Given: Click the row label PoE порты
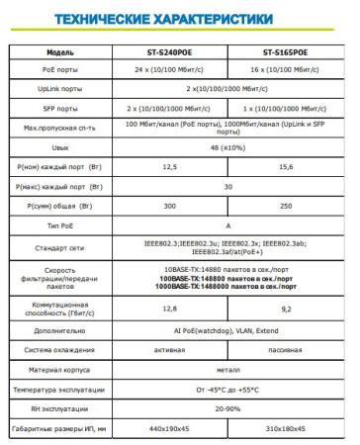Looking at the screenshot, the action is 60,70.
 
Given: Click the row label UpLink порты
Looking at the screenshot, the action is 60,89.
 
